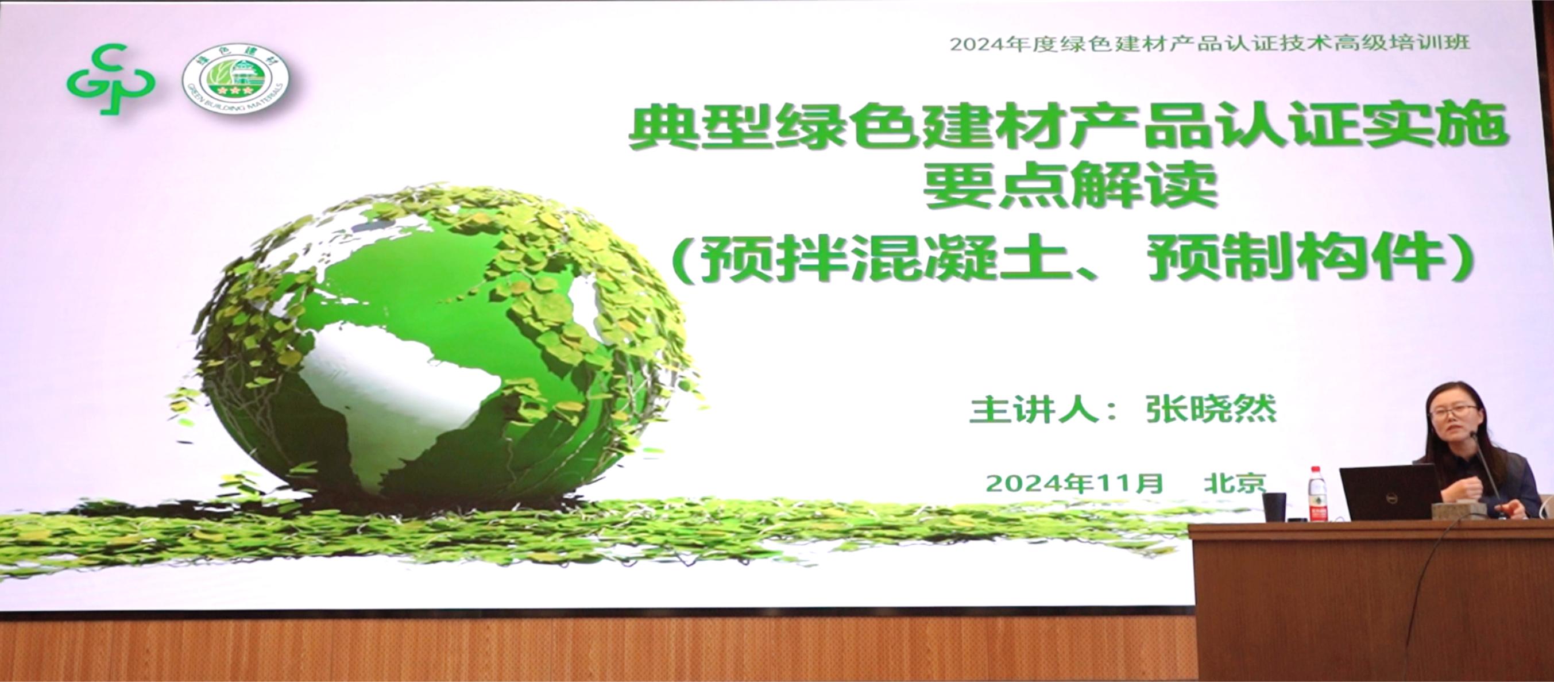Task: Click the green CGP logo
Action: [110, 80]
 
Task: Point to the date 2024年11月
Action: [1074, 483]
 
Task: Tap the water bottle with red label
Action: [1318, 493]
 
